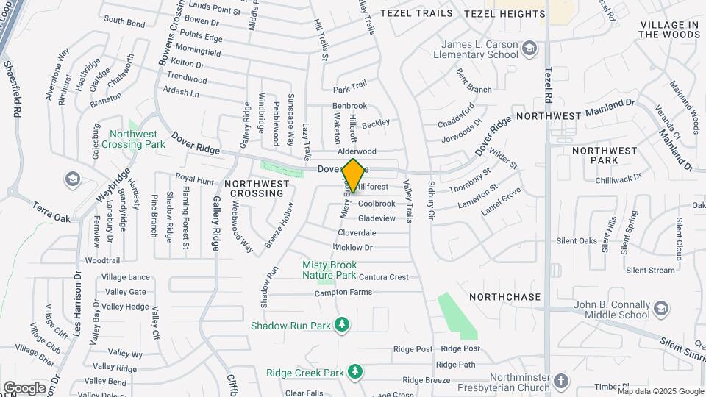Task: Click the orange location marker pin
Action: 353,175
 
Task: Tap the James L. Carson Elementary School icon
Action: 529,49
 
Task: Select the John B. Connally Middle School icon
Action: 661,308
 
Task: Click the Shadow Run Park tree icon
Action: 341,324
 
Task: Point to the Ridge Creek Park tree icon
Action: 356,371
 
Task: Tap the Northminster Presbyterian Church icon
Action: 562,381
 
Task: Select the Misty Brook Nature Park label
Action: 329,270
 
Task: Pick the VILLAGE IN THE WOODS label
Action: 669,29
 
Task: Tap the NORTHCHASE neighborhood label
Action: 505,297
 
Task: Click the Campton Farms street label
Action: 343,293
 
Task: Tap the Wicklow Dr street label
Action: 355,248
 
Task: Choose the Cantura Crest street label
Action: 383,277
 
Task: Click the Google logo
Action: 25,387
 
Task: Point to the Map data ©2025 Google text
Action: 660,391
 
